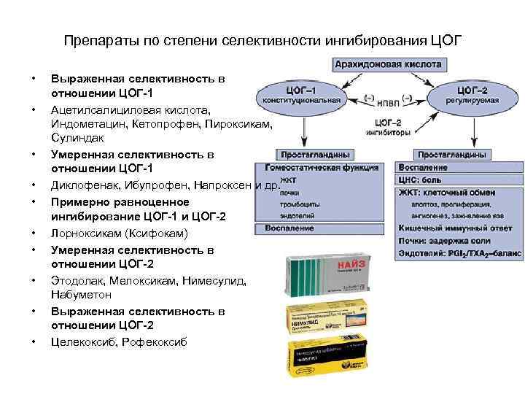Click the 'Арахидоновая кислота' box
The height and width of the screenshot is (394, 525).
click(x=388, y=65)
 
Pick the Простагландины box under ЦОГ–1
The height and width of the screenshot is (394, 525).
click(x=315, y=155)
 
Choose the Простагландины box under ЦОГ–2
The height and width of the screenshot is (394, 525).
click(x=453, y=155)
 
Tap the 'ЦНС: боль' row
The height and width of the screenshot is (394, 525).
click(x=421, y=179)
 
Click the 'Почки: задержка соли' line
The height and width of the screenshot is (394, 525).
click(x=438, y=242)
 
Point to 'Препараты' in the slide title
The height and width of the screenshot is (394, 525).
click(x=93, y=39)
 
